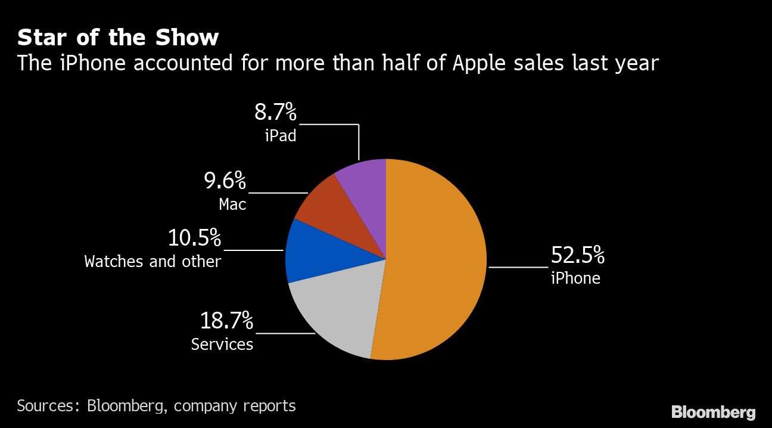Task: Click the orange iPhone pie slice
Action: [x=435, y=262]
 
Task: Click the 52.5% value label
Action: [x=577, y=256]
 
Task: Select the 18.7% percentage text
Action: [x=226, y=322]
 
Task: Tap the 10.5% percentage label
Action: [x=194, y=238]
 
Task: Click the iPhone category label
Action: [x=575, y=278]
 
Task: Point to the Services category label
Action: [x=222, y=344]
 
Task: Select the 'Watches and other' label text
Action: [x=152, y=261]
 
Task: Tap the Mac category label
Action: [x=232, y=204]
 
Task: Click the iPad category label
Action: [x=280, y=135]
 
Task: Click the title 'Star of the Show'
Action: [x=118, y=38]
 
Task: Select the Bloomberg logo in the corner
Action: [x=713, y=412]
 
